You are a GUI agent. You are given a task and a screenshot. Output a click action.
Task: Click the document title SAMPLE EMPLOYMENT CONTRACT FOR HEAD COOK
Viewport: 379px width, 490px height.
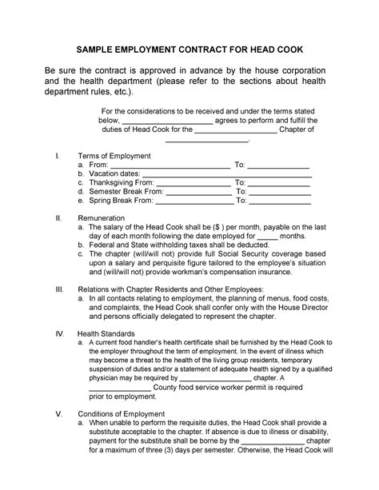pyautogui.click(x=189, y=48)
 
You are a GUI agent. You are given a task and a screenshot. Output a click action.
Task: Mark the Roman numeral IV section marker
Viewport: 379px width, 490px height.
pyautogui.click(x=57, y=332)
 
